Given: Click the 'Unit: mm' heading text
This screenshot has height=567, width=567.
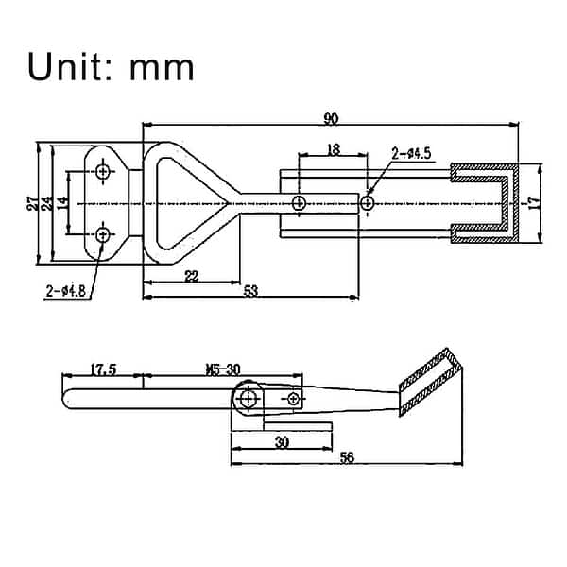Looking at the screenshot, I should pyautogui.click(x=112, y=67).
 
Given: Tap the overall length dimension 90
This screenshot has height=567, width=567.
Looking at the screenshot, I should pyautogui.click(x=331, y=118).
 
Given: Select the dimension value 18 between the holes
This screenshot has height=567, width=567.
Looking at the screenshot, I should pyautogui.click(x=333, y=149).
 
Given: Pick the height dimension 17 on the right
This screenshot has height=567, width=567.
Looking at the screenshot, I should pyautogui.click(x=533, y=203).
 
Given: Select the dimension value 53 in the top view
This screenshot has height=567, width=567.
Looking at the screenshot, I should pyautogui.click(x=250, y=291).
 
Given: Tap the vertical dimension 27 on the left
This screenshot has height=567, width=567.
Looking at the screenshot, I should pyautogui.click(x=32, y=203).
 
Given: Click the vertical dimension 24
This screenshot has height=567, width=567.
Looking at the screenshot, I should pyautogui.click(x=47, y=203).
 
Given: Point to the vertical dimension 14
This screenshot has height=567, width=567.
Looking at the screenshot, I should pyautogui.click(x=62, y=202).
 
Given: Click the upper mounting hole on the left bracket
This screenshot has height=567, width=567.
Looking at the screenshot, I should pyautogui.click(x=103, y=171).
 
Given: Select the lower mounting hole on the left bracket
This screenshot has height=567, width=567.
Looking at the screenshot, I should pyautogui.click(x=103, y=234).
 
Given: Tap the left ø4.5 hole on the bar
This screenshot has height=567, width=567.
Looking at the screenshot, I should pyautogui.click(x=299, y=202).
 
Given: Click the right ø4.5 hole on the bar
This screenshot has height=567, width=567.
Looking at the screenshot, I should pyautogui.click(x=367, y=202).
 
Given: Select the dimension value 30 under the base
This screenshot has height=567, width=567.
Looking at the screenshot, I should pyautogui.click(x=282, y=441).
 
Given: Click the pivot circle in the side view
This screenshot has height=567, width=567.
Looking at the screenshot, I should pyautogui.click(x=248, y=399).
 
